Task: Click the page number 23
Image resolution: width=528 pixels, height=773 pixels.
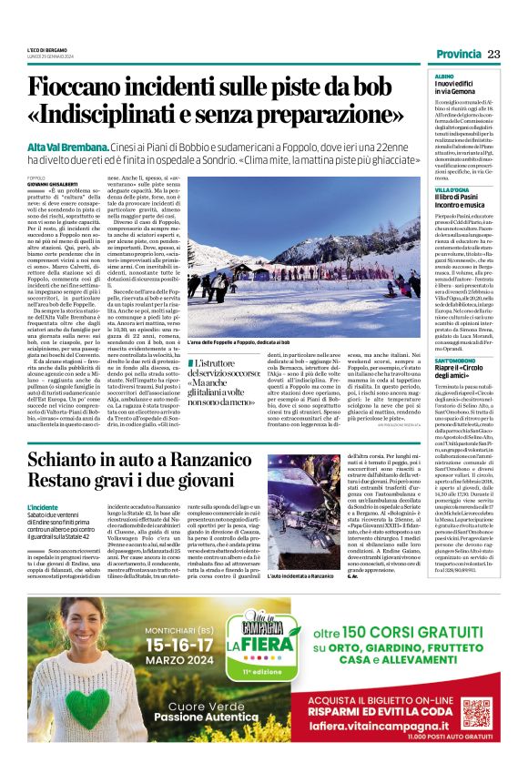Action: (x=493, y=54)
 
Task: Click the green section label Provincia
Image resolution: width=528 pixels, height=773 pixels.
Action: (x=453, y=54)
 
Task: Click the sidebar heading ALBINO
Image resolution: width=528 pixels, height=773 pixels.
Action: (x=444, y=78)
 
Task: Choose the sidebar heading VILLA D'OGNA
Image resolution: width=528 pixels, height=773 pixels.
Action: (x=452, y=189)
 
